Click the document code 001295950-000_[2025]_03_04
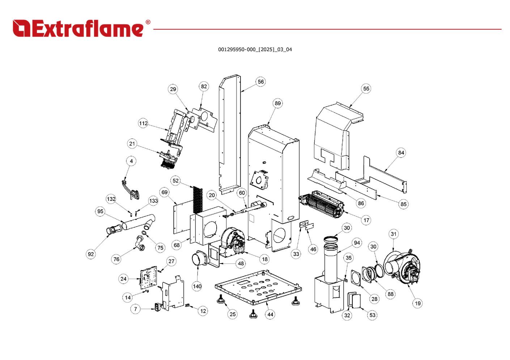255,50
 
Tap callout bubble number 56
260,82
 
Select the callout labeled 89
277,103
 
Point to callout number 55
366,89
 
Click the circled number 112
143,124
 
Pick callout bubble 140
197,286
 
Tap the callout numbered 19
418,303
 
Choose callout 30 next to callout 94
347,228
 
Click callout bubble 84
401,153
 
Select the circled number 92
91,254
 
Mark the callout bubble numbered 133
153,201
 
